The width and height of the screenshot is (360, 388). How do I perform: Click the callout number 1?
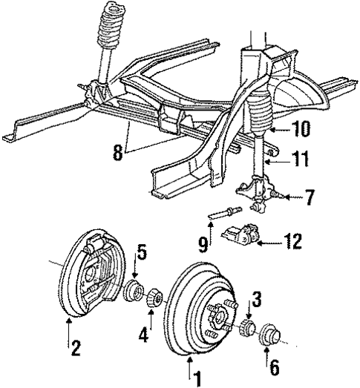[197, 380]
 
